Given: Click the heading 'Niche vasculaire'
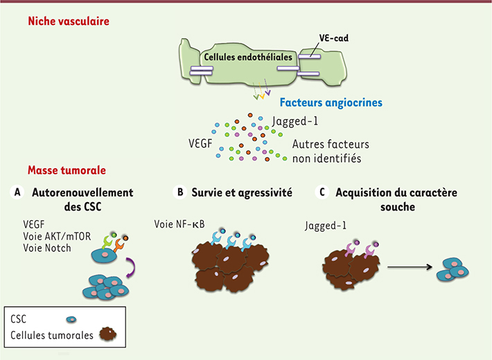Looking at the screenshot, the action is [69, 21].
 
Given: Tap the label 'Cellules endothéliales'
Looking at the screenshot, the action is [248, 57].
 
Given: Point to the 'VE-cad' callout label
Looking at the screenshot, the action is [334, 38].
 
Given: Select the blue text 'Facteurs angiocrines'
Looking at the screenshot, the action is [331, 102].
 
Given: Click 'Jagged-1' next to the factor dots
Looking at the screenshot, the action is [295, 121].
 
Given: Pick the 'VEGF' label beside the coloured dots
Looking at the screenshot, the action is [200, 143].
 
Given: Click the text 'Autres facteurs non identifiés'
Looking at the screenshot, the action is [331, 151].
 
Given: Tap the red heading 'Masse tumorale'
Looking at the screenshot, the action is [67, 170].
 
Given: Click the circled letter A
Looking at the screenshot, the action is [17, 192].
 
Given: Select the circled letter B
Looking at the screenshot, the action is [180, 192].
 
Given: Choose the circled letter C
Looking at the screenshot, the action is [322, 192].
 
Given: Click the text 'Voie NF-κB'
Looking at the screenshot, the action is [179, 224].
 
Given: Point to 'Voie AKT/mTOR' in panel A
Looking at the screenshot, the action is [57, 236].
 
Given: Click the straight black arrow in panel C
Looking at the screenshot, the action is [410, 267].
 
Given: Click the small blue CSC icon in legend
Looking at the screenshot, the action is [71, 320].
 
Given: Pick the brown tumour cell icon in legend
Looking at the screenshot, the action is [108, 334].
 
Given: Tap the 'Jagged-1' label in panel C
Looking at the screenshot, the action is [326, 226].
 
